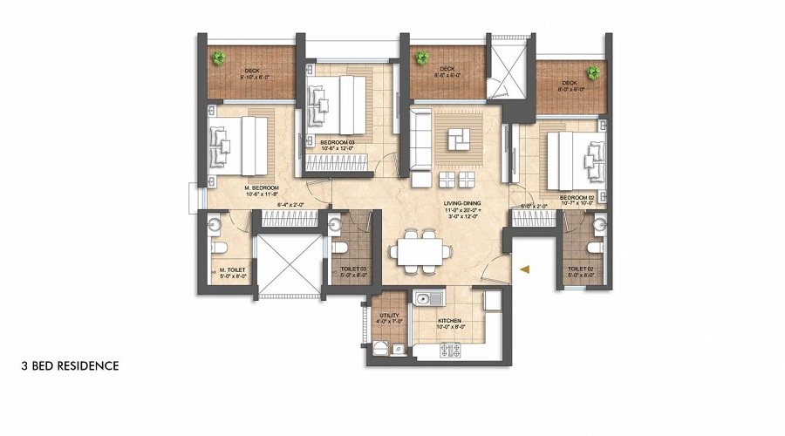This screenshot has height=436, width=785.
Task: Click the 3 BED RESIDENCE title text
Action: (x=69, y=366)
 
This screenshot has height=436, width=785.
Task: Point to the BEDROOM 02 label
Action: (x=577, y=198)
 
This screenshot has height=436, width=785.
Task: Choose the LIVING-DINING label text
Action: (x=461, y=203)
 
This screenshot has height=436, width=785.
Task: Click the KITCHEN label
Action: (x=449, y=321)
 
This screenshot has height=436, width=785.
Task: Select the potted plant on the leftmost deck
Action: (x=216, y=58)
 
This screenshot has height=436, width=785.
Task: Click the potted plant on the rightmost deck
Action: (x=594, y=72)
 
